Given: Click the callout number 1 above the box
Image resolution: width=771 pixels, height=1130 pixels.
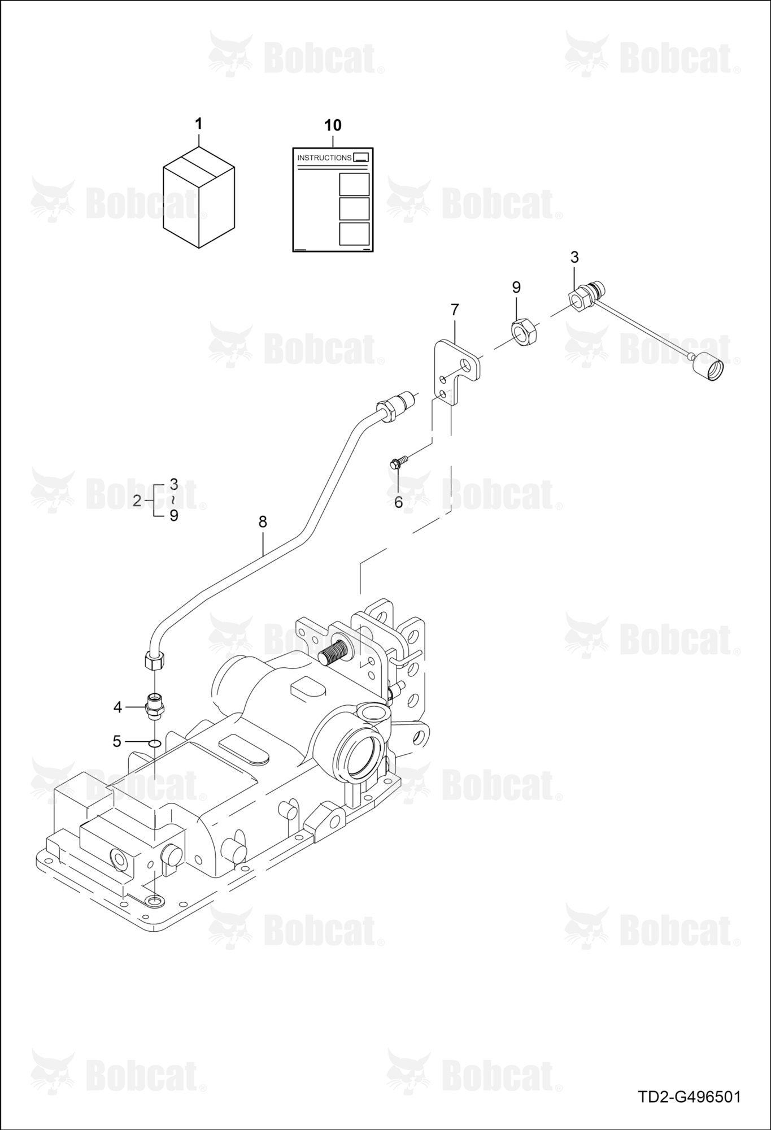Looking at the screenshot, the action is point(198,123).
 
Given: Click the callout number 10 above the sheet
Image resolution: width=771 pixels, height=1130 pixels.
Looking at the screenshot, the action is point(333,125).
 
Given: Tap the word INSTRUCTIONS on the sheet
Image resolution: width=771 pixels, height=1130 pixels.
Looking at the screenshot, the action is point(324,158).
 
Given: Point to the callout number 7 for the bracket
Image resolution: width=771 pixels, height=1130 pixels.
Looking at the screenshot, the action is point(455,310).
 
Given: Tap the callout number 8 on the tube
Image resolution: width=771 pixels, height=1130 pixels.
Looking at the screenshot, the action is point(263,522).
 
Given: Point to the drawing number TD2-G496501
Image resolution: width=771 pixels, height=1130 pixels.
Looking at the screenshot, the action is point(689,1097).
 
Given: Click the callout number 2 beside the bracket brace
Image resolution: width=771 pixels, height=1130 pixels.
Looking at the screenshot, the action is point(137,501).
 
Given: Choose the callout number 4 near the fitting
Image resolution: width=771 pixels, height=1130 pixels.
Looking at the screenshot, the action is point(117,707).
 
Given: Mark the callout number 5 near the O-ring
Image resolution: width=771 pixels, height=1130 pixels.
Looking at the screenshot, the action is point(117,741).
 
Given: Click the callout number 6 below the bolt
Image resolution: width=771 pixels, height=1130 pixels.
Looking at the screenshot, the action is point(398,503).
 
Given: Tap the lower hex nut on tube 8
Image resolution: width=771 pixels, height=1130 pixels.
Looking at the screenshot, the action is point(154,660).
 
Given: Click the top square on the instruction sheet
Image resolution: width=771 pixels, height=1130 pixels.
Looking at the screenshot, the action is point(354,185).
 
